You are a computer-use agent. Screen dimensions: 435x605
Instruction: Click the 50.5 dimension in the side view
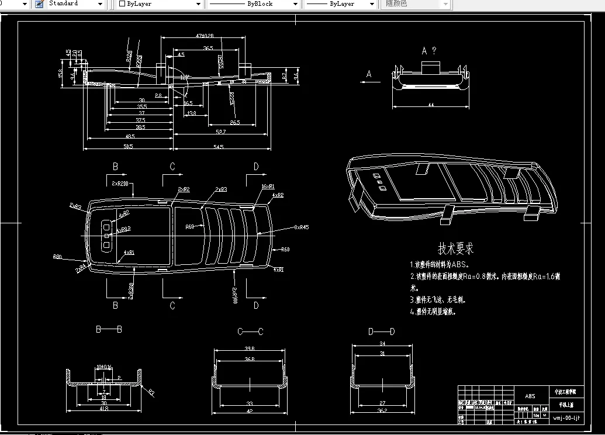[128, 146]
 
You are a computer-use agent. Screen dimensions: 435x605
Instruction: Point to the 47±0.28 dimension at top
[204, 36]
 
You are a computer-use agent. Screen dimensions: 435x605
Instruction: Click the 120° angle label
[185, 77]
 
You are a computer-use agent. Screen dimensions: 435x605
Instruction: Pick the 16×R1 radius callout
[268, 186]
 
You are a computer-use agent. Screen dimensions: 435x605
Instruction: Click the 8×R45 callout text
[301, 227]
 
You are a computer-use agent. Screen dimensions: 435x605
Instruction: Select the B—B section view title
[109, 330]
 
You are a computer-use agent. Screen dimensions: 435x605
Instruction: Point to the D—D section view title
[381, 332]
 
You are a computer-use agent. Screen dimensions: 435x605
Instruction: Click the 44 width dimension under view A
[431, 105]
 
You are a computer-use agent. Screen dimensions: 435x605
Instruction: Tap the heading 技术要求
[456, 248]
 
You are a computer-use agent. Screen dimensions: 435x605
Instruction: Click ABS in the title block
[530, 396]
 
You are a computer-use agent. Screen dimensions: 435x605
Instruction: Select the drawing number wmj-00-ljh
[566, 417]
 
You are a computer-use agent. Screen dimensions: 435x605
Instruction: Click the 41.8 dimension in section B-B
[104, 409]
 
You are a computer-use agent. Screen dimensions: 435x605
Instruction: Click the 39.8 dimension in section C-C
[250, 350]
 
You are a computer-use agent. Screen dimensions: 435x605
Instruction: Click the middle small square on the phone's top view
[107, 235]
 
